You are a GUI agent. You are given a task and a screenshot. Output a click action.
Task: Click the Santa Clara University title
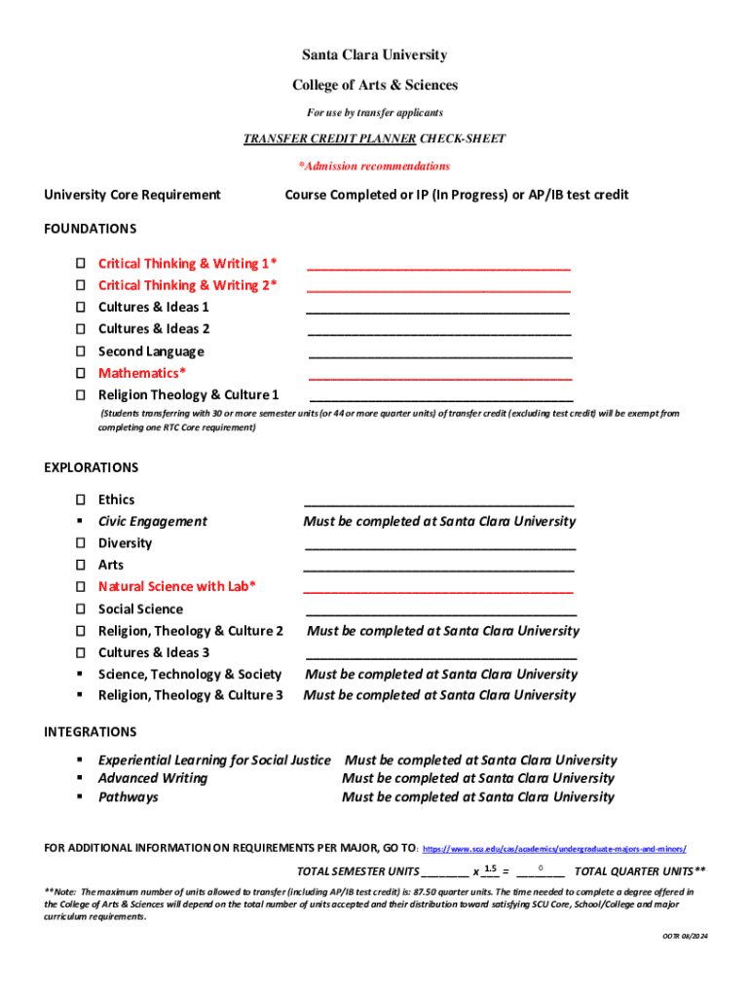click(375, 55)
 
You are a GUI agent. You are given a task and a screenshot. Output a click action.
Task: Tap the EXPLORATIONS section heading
click(92, 467)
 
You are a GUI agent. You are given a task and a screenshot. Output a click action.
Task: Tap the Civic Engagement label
click(153, 521)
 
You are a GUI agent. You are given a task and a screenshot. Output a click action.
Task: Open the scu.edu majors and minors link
click(555, 849)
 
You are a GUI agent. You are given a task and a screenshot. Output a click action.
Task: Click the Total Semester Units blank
click(444, 872)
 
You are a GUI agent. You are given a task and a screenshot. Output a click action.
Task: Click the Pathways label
click(128, 797)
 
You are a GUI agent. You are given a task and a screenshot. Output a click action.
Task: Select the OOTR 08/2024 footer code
click(685, 936)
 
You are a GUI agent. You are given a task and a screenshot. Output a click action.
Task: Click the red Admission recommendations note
click(374, 166)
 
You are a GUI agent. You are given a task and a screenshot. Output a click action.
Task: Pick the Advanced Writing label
click(153, 778)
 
